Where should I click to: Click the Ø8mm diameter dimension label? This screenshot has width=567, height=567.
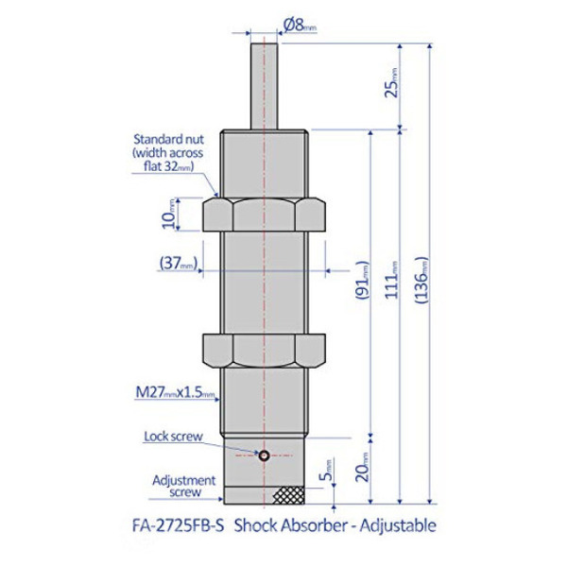pos(300,26)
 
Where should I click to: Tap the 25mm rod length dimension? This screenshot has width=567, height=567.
pos(391,83)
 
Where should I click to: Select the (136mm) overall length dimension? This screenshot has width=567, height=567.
pos(421,281)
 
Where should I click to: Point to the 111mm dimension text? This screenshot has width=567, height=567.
pos(391,281)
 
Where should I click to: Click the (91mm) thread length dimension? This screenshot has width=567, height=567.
pos(362,281)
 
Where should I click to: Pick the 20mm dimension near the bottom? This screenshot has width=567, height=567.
pos(362,467)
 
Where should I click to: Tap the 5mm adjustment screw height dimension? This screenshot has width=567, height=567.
pos(327,470)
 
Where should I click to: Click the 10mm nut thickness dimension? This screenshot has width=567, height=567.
pos(169,215)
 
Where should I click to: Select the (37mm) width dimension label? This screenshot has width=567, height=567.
pos(179,263)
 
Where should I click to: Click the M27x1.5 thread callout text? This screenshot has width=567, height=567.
pos(175,392)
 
